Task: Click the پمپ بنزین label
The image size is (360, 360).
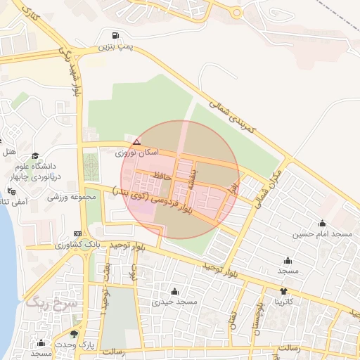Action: [x=115, y=46]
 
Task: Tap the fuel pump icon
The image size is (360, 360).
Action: [x=115, y=35]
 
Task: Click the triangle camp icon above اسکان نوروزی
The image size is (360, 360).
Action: [x=136, y=142]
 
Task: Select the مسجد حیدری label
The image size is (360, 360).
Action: [x=175, y=302]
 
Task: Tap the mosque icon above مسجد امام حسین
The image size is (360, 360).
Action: [x=322, y=223]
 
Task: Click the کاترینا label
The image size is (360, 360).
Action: [x=289, y=302]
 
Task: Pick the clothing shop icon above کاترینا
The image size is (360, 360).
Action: [x=283, y=291]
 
